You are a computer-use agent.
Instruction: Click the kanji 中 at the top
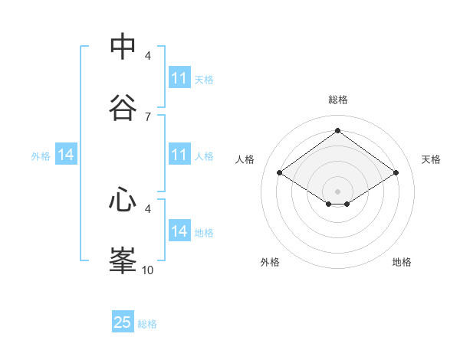point(123,46)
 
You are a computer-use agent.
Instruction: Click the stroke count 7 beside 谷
point(148,117)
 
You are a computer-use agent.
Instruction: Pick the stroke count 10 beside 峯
point(148,270)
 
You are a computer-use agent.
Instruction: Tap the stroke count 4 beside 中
point(148,56)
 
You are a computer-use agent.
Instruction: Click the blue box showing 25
point(123,322)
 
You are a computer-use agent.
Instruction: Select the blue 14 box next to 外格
point(66,155)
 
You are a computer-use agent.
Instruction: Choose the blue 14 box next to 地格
point(179,232)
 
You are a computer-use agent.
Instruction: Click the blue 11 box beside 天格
point(179,78)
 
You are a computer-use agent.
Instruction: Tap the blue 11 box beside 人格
point(179,155)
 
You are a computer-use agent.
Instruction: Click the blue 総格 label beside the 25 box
point(147,324)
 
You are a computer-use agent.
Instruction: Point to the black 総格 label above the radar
point(338,100)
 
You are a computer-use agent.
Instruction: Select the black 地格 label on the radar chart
point(402,262)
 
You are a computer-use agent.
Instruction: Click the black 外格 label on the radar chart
point(270,262)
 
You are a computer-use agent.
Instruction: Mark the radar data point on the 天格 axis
point(396,173)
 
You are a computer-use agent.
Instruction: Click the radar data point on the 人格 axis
point(280,173)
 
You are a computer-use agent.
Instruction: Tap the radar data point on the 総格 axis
point(338,131)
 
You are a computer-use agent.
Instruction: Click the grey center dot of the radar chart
point(338,191)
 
